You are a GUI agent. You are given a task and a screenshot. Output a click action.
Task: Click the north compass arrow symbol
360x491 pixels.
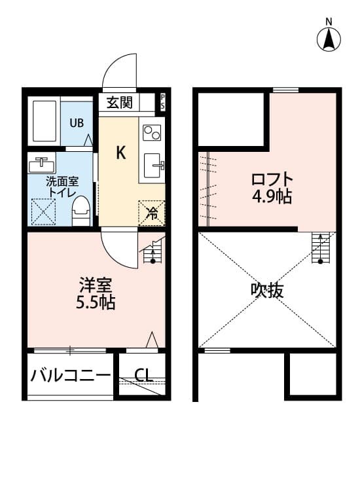pyautogui.click(x=329, y=40)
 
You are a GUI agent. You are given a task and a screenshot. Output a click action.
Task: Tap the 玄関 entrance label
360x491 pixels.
pyautogui.click(x=119, y=102)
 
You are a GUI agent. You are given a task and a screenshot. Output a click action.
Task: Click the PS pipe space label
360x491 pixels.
pyautogui.click(x=162, y=101)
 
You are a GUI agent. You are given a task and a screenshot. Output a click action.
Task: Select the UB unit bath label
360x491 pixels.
pyautogui.click(x=77, y=123)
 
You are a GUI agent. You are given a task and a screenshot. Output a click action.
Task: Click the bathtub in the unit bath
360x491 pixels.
pyautogui.click(x=45, y=121)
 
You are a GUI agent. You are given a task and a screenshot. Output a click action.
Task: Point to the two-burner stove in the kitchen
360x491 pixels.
pyautogui.click(x=152, y=132)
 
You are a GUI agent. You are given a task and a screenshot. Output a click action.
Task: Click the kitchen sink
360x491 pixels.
pyautogui.click(x=153, y=166)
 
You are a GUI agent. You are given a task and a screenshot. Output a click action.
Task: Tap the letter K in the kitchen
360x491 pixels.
pyautogui.click(x=121, y=153)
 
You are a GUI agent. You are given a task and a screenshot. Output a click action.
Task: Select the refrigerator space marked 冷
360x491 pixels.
pyautogui.click(x=151, y=213)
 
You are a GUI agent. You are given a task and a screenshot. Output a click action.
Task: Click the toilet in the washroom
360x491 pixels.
pyautogui.click(x=81, y=211)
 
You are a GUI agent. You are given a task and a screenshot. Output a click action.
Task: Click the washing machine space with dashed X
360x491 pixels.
pyautogui.click(x=43, y=211)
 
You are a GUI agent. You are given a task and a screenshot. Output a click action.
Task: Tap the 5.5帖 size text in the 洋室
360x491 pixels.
pyautogui.click(x=96, y=302)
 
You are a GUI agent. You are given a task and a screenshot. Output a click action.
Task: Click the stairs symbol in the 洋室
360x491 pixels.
pyautogui.click(x=153, y=251)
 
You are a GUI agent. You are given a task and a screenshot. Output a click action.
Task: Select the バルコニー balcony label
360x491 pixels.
pyautogui.click(x=71, y=375)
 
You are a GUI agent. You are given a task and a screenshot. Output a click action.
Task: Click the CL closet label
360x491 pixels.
pyautogui.click(x=143, y=374)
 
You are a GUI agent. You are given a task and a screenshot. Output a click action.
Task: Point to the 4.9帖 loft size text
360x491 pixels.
pyautogui.click(x=272, y=197)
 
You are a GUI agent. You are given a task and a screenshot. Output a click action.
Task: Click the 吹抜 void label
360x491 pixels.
pyautogui.click(x=267, y=290)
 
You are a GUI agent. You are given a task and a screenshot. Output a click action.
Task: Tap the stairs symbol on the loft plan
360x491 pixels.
pyautogui.click(x=320, y=248)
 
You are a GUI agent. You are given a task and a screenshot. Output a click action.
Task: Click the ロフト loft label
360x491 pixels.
pyautogui.click(x=272, y=179)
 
